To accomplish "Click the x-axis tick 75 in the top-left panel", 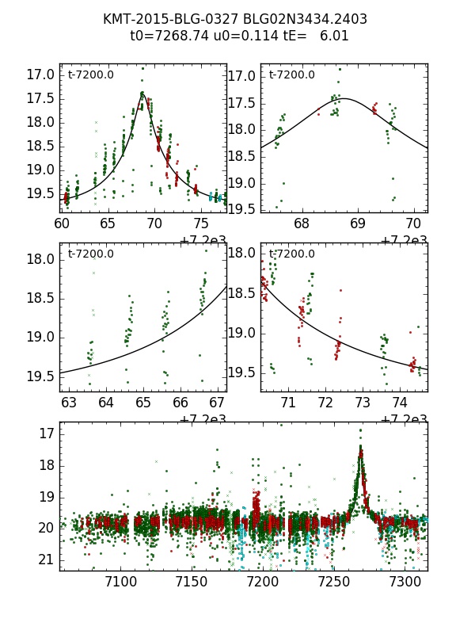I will click(x=201, y=224).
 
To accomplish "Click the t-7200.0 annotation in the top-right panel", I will click(x=291, y=75).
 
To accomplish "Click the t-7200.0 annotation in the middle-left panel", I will click(x=90, y=254).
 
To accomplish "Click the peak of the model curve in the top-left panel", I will click(x=142, y=93).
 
